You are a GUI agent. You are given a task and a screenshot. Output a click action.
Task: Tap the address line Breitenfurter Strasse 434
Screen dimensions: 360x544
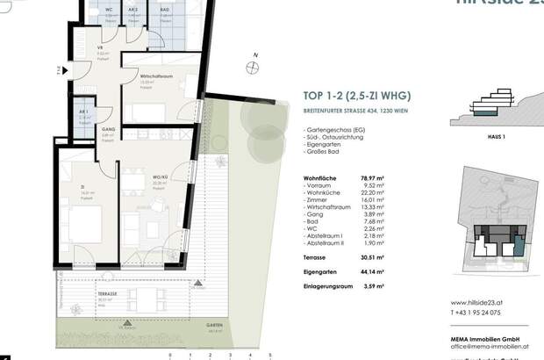tap(336, 111)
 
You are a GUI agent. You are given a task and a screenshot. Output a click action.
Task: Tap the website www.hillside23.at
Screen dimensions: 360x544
tap(481, 302)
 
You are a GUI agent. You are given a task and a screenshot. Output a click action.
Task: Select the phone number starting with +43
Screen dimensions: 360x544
tap(476, 312)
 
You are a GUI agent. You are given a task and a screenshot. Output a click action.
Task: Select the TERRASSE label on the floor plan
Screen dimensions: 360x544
tap(108, 294)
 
